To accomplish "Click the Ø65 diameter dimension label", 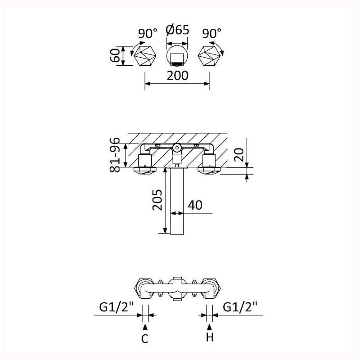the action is point(177,30).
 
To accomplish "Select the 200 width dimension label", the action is point(177,76).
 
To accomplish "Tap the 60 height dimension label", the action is point(115,55).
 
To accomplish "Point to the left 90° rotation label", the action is point(148,33).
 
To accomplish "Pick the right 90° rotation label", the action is point(211,33).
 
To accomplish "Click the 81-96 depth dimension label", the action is point(115,154).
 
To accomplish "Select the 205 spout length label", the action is point(157,199).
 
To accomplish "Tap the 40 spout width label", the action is point(195,205).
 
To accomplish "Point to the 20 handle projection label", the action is point(239,155).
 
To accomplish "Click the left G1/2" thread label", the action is point(117,307).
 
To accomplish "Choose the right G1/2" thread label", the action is point(240,307).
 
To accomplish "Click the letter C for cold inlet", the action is point(145,338).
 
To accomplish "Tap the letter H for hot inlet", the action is point(210,337).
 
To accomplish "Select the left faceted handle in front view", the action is point(145,56).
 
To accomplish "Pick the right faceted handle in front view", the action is point(209,56).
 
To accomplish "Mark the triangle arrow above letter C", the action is point(145,327).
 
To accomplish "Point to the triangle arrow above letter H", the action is point(210,327).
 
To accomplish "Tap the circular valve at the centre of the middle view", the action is point(177,148).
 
